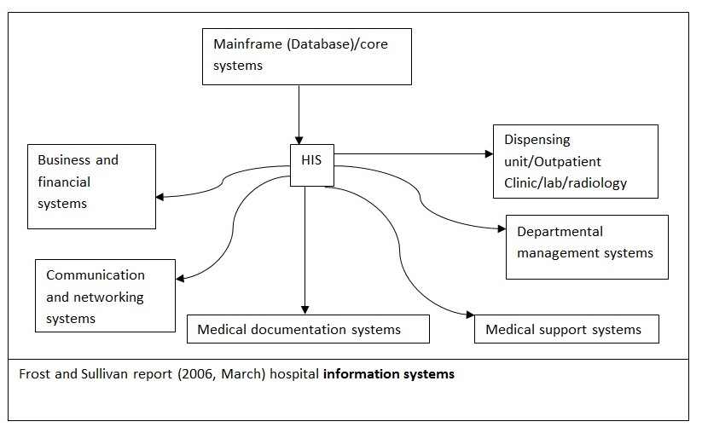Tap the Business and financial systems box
pos(91,186)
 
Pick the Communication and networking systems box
pos(105,297)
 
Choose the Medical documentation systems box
pos(307,329)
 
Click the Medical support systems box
pos(566,329)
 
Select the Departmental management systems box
pos(586,246)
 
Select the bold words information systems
pos(388,373)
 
